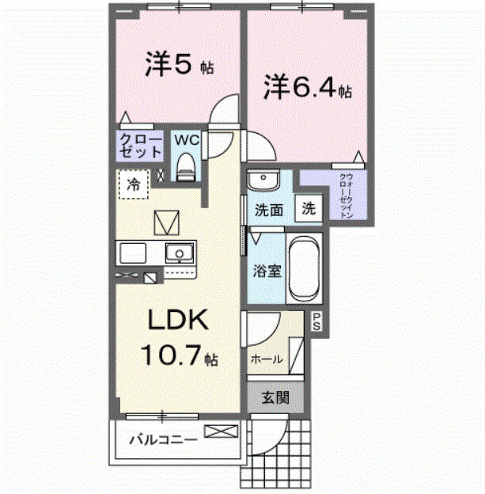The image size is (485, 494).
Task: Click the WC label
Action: click(x=187, y=140)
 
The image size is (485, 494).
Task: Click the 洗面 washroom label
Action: click(x=268, y=211)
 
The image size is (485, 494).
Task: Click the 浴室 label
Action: click(x=267, y=271)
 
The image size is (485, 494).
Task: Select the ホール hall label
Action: click(x=267, y=359)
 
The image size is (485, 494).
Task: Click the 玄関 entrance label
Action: click(x=275, y=396)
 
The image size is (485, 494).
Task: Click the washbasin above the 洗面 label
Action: click(x=260, y=180)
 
